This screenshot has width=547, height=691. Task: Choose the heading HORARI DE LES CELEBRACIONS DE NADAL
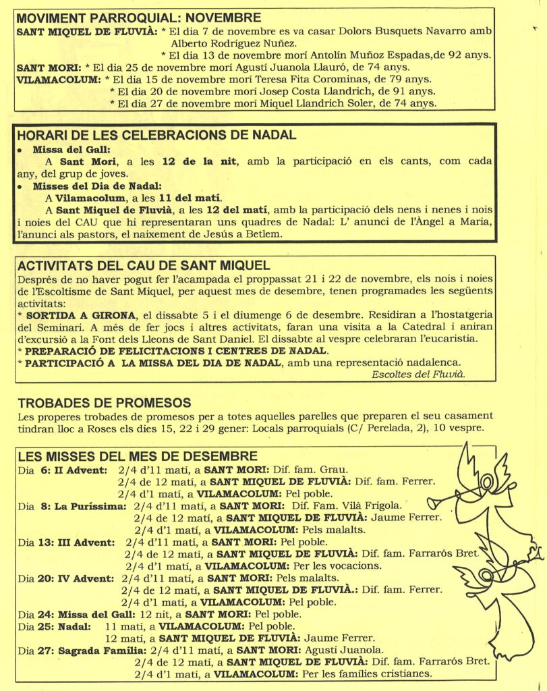click(156, 134)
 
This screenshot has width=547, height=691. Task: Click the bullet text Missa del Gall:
click(71, 149)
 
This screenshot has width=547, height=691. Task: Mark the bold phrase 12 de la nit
click(197, 161)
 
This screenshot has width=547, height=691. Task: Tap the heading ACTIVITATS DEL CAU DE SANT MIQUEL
click(144, 265)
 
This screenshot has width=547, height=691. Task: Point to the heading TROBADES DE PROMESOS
click(104, 403)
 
